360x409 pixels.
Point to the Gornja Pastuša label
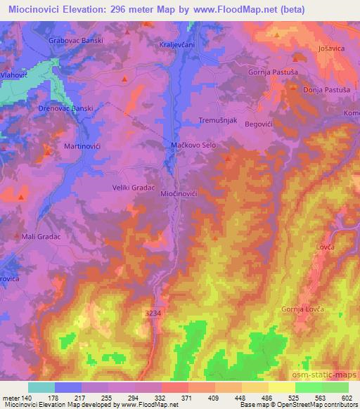[271, 72]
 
